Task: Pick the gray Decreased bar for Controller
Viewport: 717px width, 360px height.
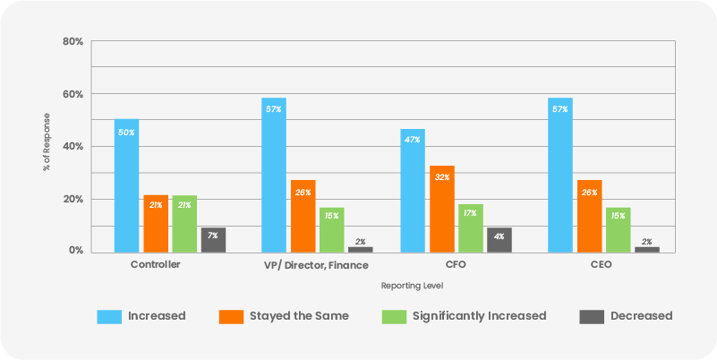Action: [x=213, y=240]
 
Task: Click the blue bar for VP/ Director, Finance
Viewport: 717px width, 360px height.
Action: [x=274, y=175]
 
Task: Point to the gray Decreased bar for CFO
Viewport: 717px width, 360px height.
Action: [x=499, y=240]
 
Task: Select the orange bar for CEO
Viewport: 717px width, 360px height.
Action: [x=589, y=216]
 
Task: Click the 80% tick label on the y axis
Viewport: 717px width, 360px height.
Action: [x=73, y=42]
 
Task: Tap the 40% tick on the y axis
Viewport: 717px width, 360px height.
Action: [x=73, y=147]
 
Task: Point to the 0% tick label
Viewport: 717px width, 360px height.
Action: [x=76, y=252]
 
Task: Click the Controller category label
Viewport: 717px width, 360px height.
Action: [x=156, y=266]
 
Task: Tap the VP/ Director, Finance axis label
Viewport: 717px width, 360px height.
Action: [x=314, y=266]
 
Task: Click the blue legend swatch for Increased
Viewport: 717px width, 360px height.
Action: [x=109, y=315]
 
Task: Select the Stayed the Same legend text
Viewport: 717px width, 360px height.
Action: [x=299, y=315]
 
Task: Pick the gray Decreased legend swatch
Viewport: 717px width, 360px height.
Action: [x=591, y=315]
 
